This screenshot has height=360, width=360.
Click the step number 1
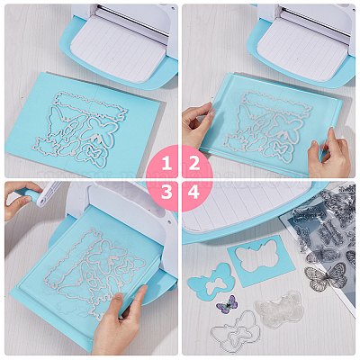[x=166, y=164]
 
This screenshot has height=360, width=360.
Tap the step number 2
[x=194, y=164]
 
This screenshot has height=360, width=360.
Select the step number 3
[x=166, y=192]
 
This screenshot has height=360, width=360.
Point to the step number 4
[x=193, y=192]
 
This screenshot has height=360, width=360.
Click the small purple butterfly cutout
[x=227, y=305]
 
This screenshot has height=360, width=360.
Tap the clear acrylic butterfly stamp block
[x=279, y=309]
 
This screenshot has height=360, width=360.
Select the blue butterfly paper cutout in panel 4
[x=211, y=282]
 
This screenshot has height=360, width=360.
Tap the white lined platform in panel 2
[x=304, y=48]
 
